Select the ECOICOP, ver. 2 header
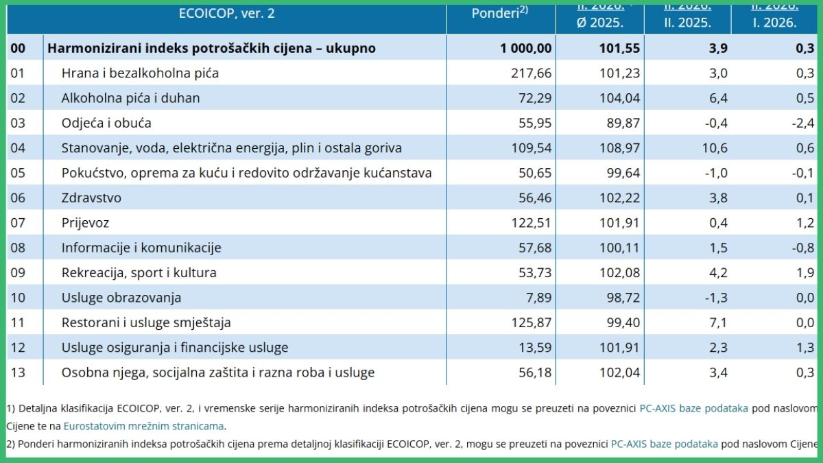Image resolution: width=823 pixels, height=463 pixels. click(x=226, y=13)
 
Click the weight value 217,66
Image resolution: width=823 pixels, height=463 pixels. click(x=532, y=73)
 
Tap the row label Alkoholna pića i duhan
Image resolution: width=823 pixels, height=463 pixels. click(x=130, y=98)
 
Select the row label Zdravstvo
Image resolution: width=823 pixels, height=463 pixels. click(x=91, y=198)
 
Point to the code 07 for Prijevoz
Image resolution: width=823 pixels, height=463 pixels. click(x=18, y=223)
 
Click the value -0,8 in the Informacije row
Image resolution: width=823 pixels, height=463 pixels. click(x=804, y=248)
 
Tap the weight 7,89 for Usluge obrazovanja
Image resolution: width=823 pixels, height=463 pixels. click(x=538, y=298)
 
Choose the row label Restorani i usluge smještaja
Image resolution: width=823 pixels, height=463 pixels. click(x=146, y=322)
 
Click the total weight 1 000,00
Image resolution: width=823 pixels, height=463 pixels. click(x=525, y=48)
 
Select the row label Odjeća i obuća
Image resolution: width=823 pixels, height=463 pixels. click(x=106, y=123)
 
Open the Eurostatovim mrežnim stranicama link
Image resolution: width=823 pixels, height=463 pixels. click(x=144, y=426)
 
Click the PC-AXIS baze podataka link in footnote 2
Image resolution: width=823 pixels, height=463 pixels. click(x=664, y=444)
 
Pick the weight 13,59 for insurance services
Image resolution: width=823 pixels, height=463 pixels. click(x=535, y=348)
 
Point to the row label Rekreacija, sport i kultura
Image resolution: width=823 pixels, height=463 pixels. click(x=139, y=273)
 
